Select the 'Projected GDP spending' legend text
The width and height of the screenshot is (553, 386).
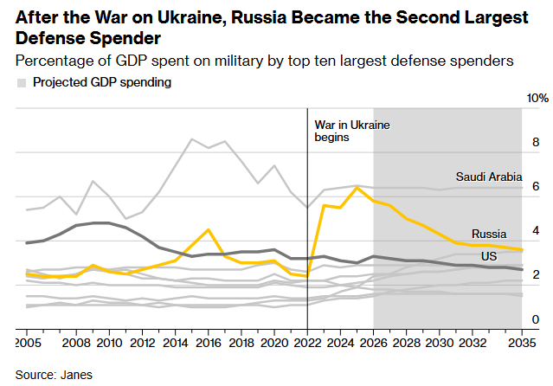click(101, 82)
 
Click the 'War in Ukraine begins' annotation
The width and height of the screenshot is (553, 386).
click(351, 131)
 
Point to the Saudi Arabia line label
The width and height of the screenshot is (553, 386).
click(489, 177)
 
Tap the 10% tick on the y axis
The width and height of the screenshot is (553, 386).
click(537, 98)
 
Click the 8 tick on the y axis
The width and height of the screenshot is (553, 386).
click(536, 142)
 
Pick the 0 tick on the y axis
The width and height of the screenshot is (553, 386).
click(536, 319)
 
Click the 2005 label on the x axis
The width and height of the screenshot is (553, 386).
click(28, 343)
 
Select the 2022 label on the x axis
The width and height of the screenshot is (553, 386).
click(307, 343)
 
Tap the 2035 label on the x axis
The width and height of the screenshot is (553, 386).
click(521, 343)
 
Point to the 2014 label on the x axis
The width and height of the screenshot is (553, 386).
click(176, 343)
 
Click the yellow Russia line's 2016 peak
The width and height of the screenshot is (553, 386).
click(208, 229)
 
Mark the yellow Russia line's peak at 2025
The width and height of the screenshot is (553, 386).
click(357, 187)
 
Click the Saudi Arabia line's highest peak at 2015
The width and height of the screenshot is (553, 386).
click(192, 138)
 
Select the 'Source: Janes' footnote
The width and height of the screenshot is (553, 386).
click(54, 375)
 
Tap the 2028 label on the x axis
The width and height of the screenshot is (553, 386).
click(406, 343)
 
